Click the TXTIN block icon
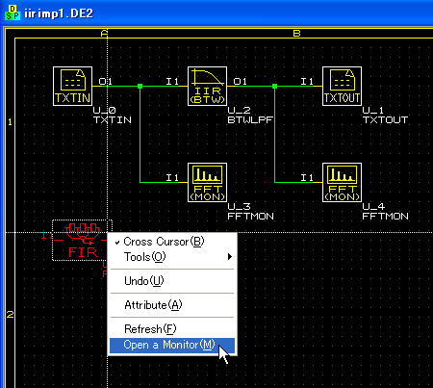(x=72, y=86)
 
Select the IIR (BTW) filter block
(x=207, y=86)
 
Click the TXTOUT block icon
(x=342, y=86)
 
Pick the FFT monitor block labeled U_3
(x=207, y=182)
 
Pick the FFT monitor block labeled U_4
(x=342, y=182)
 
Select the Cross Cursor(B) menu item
(x=164, y=242)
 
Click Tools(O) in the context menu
(x=144, y=257)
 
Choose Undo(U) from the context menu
(x=144, y=281)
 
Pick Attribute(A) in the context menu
(x=153, y=305)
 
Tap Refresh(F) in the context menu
(x=150, y=329)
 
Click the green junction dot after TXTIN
(x=140, y=86)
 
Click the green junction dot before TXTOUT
(x=274, y=86)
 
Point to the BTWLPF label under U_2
(x=250, y=120)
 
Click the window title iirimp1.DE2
(x=59, y=13)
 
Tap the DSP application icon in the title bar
(x=13, y=13)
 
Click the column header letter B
(x=296, y=33)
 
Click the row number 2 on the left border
(x=11, y=314)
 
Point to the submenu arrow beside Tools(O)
(x=230, y=257)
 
